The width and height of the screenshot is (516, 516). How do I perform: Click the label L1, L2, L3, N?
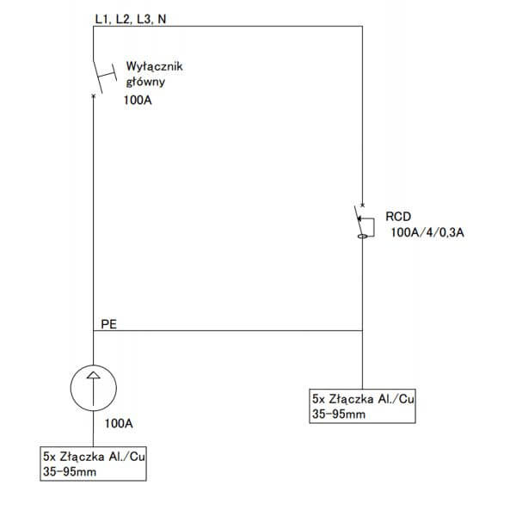point(131,20)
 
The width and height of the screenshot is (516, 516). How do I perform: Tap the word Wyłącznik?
point(154,67)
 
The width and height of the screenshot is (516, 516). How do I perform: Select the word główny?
point(145,82)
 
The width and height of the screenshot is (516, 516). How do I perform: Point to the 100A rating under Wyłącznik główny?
point(138,100)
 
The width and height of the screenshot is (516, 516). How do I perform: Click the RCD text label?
point(398,217)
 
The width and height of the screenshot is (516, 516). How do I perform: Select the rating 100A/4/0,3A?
point(427,233)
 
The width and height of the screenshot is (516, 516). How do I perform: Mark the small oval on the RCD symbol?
point(362,236)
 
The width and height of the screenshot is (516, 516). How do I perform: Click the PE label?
point(109,324)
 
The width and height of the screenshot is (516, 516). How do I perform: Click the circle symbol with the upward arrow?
point(94,388)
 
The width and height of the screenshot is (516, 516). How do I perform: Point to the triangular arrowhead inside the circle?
point(94,375)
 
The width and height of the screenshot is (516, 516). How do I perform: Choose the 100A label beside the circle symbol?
point(119,423)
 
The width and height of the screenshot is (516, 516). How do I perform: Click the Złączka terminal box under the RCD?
point(362,406)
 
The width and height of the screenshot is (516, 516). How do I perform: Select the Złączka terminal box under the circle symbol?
point(94,464)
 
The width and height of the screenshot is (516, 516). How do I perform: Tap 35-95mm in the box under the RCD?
point(339,414)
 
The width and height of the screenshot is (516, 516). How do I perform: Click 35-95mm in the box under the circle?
point(70,471)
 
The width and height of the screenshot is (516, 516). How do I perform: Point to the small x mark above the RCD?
point(362,206)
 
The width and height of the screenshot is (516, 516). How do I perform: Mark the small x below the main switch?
point(94,95)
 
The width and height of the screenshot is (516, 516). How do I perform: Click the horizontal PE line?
point(228,330)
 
